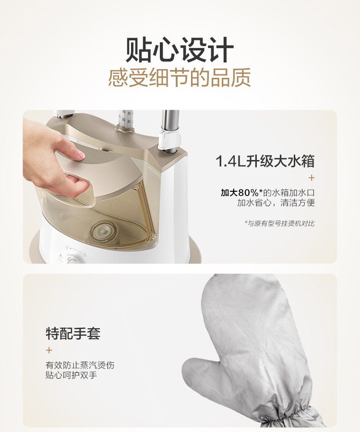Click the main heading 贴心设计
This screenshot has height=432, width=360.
click(x=180, y=50)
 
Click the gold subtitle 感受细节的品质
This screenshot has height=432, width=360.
click(x=180, y=77)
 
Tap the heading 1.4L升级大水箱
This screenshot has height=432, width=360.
click(x=265, y=161)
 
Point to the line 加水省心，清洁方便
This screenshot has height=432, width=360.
click(x=276, y=203)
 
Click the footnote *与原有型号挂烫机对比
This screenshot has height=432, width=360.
click(x=279, y=223)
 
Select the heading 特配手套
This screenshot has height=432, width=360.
click(x=73, y=333)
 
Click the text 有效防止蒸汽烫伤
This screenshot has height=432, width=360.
click(x=80, y=365)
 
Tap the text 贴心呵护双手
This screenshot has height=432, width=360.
click(x=72, y=375)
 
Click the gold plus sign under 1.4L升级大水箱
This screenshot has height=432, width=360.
click(x=312, y=178)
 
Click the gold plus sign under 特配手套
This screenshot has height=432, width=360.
click(x=49, y=350)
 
